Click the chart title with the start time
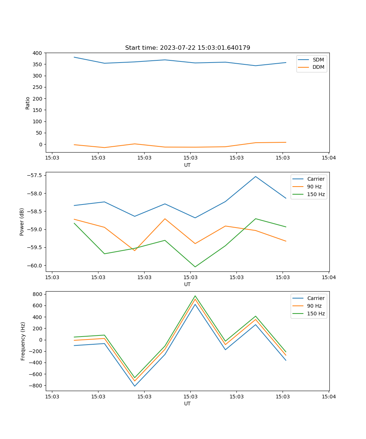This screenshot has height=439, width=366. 187,48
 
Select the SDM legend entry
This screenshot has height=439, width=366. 318,60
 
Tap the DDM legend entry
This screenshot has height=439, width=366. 318,67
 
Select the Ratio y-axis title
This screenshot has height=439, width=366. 28,103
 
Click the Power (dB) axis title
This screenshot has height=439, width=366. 22,222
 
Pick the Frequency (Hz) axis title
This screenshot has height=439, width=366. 23,341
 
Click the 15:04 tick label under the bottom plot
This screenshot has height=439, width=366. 329,396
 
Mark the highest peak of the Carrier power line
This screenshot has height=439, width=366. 255,176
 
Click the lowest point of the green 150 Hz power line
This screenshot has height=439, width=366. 195,267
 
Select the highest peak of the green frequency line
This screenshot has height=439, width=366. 195,296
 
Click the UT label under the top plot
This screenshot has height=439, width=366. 187,165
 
